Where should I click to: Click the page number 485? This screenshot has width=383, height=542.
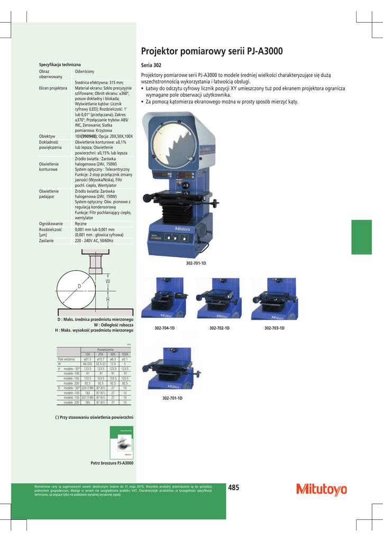point(234,488)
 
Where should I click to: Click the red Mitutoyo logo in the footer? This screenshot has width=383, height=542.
point(322,490)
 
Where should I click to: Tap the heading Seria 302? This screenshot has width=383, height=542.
point(151,65)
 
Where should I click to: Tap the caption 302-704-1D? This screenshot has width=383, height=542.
point(165,329)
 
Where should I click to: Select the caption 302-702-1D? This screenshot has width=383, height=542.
point(219,329)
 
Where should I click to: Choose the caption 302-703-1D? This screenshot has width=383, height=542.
point(275,329)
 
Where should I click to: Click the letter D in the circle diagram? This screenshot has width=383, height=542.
point(79,286)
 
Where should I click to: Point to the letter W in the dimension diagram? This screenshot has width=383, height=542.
point(108,281)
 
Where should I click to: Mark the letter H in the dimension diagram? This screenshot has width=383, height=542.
point(108,300)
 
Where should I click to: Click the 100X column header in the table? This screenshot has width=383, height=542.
point(125,354)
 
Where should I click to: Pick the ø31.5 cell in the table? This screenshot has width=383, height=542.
point(88,359)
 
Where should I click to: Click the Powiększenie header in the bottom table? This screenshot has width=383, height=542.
point(106,350)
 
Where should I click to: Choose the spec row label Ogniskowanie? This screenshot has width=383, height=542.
point(51,224)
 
